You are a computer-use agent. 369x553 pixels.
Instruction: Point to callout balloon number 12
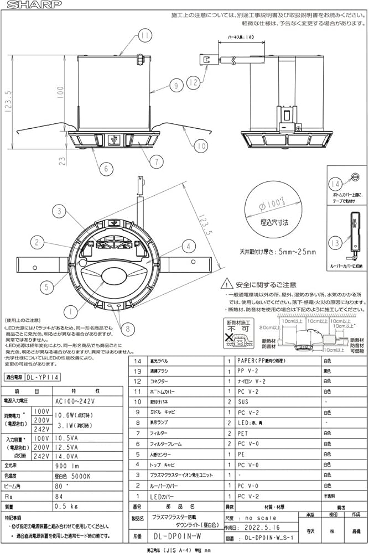pyautogui.click(x=193, y=84)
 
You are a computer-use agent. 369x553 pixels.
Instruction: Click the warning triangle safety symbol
pyautogui.click(x=226, y=284)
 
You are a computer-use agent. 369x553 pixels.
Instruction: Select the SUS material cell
pyautogui.click(x=242, y=402)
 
